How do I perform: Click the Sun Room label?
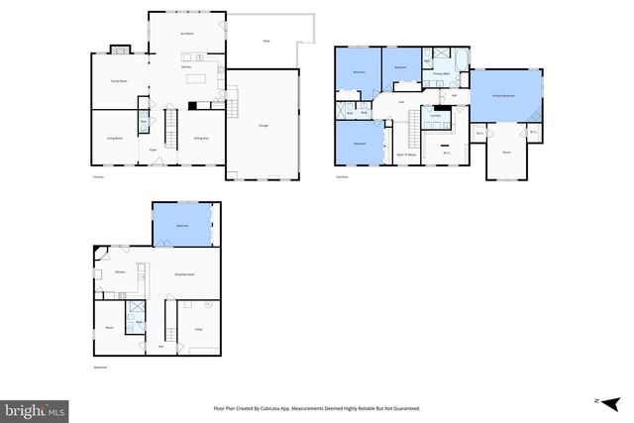[185, 35]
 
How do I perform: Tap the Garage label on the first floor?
[264, 126]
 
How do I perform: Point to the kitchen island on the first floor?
[194, 77]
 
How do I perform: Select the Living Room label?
[114, 139]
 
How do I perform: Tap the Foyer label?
[154, 150]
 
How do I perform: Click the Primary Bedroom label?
[506, 95]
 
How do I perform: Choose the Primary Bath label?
[440, 73]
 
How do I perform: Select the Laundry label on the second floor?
[435, 116]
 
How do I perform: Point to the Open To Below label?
[406, 156]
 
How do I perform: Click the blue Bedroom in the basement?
[182, 226]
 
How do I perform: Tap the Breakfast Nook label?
[183, 274]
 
